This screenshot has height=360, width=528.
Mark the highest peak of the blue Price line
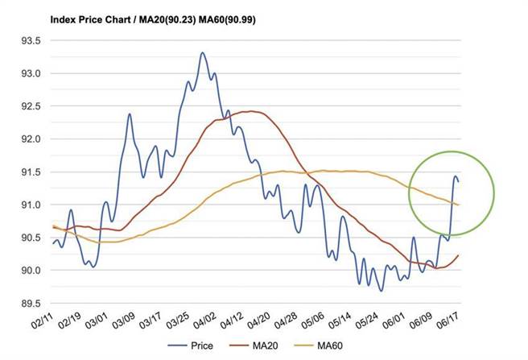202,53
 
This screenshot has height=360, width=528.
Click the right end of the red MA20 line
459,255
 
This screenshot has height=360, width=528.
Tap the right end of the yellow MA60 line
459,205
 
